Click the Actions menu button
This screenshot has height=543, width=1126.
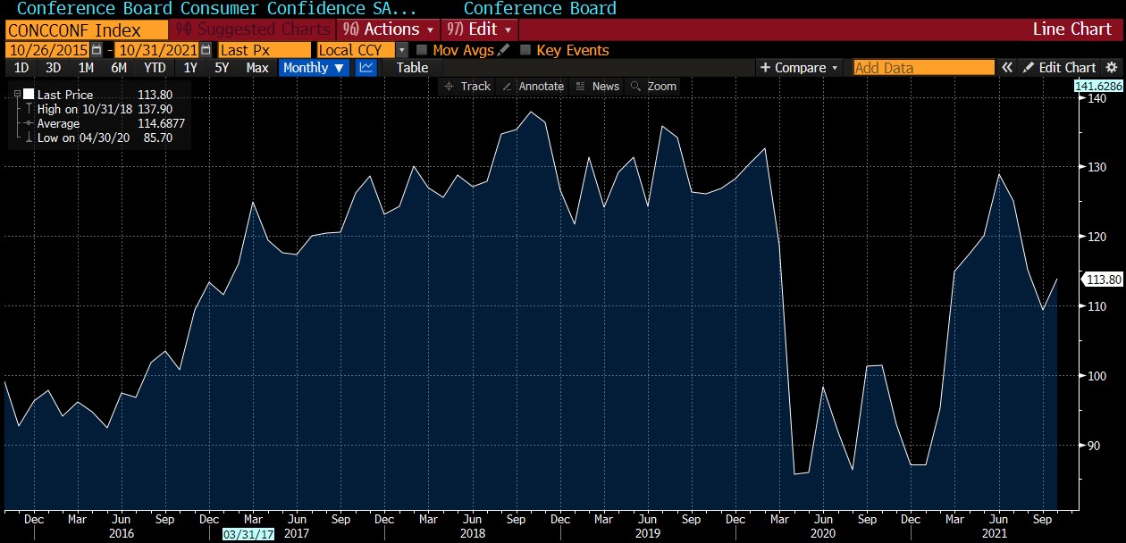[390, 29]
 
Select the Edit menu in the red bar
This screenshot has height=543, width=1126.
[480, 29]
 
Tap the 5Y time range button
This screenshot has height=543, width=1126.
[222, 68]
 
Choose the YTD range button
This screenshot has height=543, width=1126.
[155, 68]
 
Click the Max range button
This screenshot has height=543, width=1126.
[257, 68]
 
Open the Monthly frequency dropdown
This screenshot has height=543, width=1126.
[314, 68]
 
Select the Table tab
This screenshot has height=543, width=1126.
[412, 68]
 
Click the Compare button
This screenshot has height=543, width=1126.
[799, 68]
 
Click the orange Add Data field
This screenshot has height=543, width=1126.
[923, 68]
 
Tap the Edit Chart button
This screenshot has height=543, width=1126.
[1060, 68]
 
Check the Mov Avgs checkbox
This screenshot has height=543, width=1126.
[423, 50]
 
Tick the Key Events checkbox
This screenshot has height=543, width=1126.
[525, 50]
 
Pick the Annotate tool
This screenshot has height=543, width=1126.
[534, 87]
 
